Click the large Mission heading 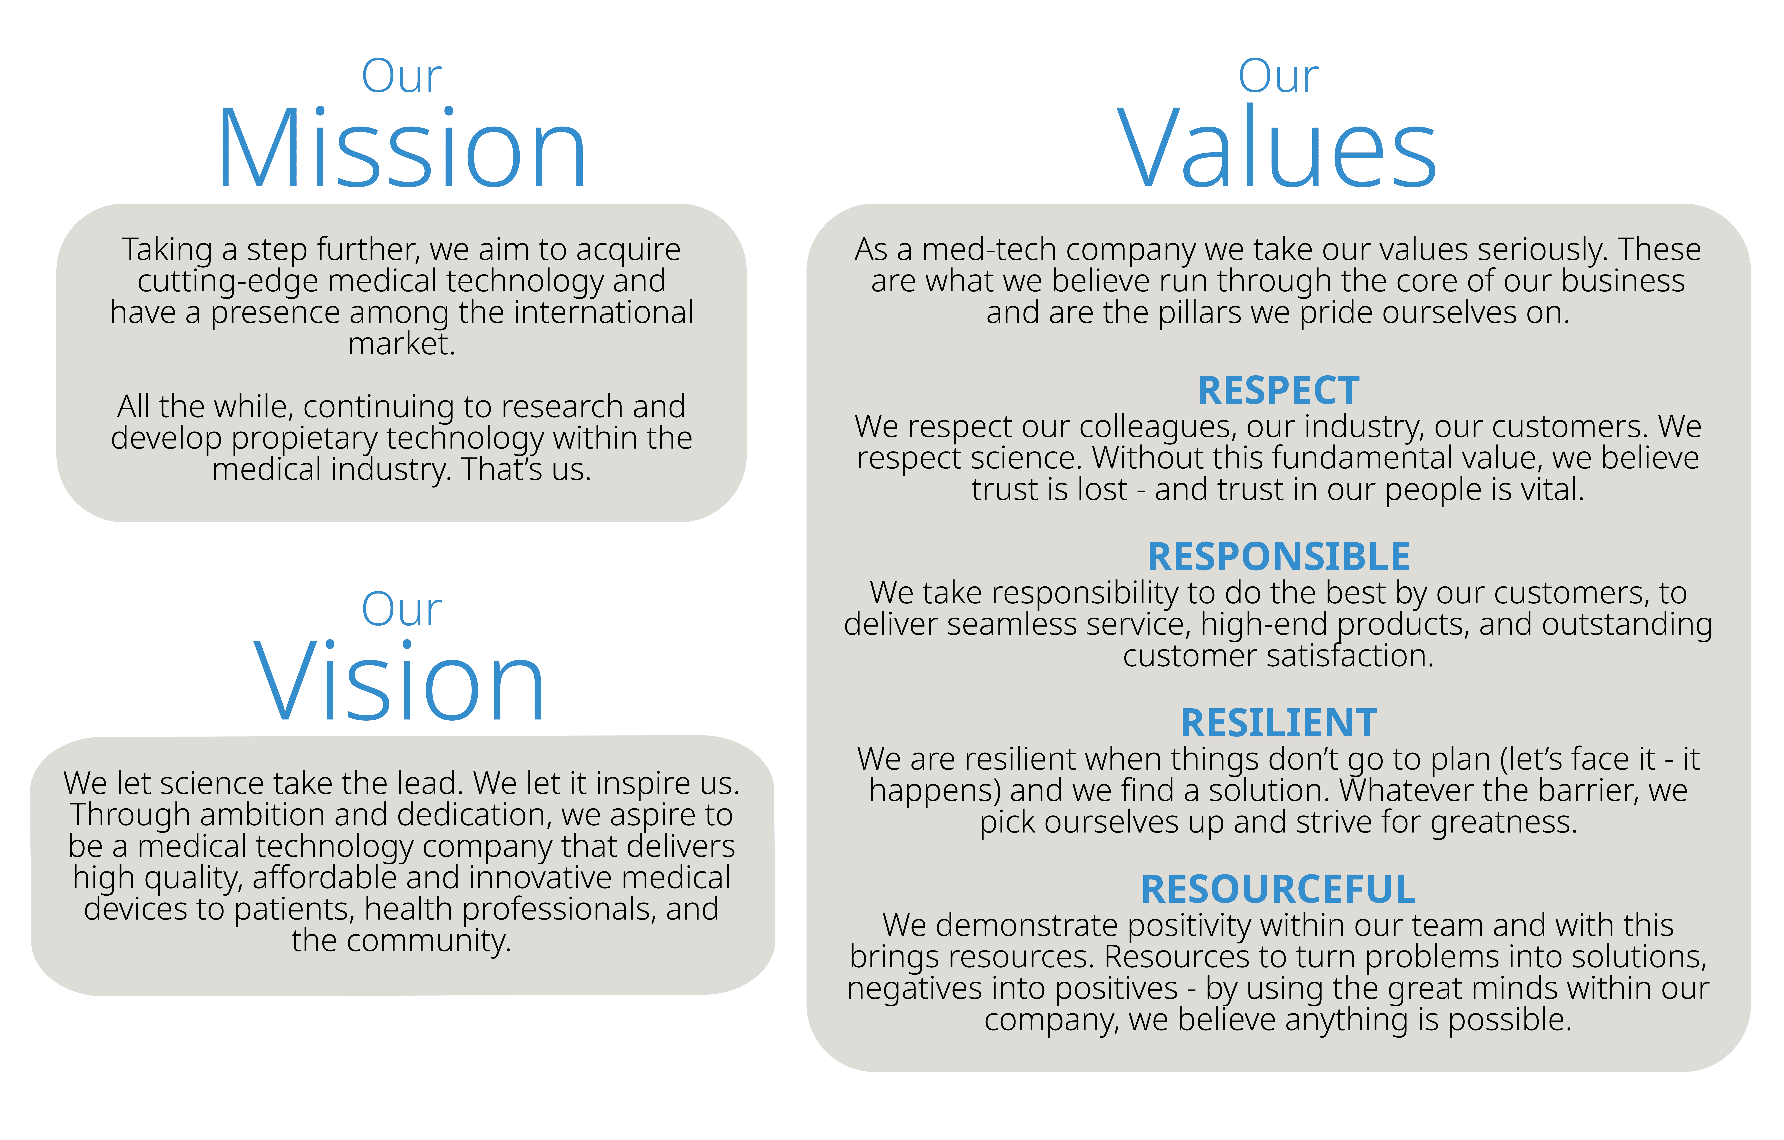pyautogui.click(x=402, y=148)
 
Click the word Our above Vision pyautogui.click(x=402, y=609)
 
